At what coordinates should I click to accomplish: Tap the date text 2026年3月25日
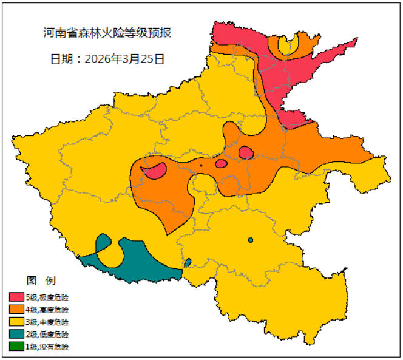[x=107, y=59]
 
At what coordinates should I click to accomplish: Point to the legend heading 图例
[x=41, y=280]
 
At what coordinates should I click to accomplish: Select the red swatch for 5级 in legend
[x=16, y=297]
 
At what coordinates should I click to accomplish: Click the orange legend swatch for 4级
[x=16, y=310]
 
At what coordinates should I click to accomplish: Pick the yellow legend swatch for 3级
[x=16, y=322]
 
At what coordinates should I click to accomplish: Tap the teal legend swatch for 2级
[x=16, y=335]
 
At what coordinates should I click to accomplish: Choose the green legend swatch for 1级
[x=16, y=347]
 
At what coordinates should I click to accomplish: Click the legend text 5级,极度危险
[x=47, y=297]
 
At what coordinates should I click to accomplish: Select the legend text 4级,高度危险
[x=47, y=310]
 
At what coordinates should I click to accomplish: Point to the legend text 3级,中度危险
[x=47, y=322]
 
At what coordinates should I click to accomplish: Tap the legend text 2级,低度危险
[x=47, y=335]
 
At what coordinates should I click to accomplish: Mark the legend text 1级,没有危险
[x=47, y=347]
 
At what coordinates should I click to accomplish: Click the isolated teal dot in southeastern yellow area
[x=250, y=240]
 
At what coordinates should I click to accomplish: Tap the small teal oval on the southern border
[x=188, y=262]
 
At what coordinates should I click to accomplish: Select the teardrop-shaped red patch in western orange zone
[x=156, y=171]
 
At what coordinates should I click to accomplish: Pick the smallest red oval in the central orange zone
[x=222, y=163]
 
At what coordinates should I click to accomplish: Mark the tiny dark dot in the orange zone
[x=201, y=165]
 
